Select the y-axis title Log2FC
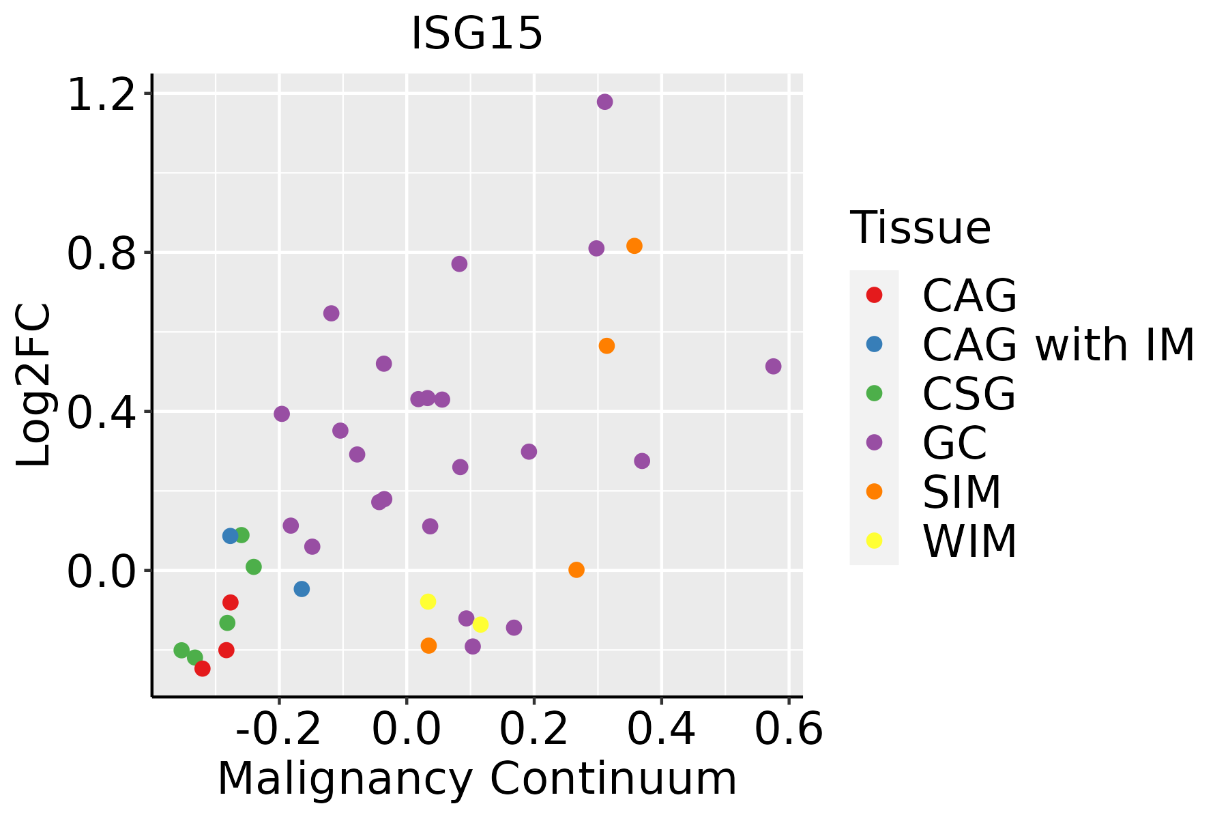tap(34, 386)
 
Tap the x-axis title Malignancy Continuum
tap(477, 779)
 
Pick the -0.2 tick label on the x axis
tap(278, 729)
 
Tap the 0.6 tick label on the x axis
tap(789, 729)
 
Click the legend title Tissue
tap(920, 228)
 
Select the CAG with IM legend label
tap(1058, 345)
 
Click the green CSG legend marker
tap(874, 393)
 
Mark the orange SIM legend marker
tap(874, 491)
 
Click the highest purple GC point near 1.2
tap(604, 102)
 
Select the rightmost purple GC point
tap(773, 367)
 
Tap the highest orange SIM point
tap(634, 246)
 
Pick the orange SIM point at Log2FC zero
tap(576, 570)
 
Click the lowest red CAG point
tap(203, 669)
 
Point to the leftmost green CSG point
tap(181, 650)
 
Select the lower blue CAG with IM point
tap(302, 589)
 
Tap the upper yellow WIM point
tap(428, 602)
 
